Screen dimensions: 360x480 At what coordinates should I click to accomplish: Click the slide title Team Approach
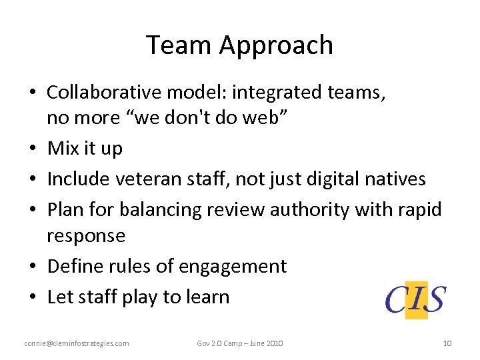click(x=239, y=45)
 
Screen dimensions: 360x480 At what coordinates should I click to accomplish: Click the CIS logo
click(x=415, y=299)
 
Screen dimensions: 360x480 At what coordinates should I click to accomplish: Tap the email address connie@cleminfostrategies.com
click(x=77, y=343)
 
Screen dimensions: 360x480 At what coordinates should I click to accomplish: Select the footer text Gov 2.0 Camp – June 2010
click(x=240, y=343)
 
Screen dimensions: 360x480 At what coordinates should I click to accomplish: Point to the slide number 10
click(x=447, y=343)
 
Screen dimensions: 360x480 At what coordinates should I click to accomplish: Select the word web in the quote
click(x=272, y=118)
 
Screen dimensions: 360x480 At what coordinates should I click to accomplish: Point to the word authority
click(x=303, y=209)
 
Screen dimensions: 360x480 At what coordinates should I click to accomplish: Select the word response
click(x=86, y=236)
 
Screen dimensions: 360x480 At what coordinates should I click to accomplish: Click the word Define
click(x=76, y=266)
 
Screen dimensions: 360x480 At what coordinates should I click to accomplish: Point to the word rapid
click(x=419, y=209)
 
